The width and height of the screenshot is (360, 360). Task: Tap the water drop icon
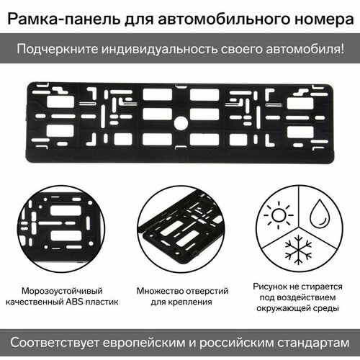[320, 214]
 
